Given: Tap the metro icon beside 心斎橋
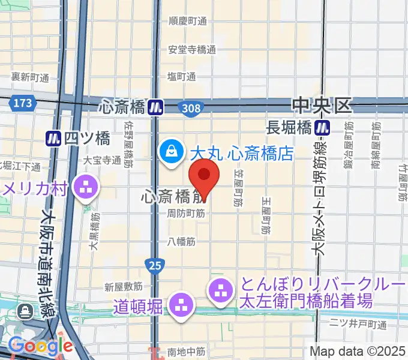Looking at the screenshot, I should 157,107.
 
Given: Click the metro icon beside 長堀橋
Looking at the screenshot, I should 323,127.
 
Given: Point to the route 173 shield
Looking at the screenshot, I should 22,104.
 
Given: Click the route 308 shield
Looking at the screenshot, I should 191,107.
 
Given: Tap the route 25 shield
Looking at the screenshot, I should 152,264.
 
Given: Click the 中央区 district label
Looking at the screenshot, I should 321,106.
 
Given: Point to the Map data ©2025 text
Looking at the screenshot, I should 357,351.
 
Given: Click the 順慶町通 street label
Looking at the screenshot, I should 188,21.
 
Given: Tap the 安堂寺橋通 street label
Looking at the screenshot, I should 192,50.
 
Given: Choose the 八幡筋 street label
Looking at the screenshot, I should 182,242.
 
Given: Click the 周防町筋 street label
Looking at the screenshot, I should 186,213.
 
